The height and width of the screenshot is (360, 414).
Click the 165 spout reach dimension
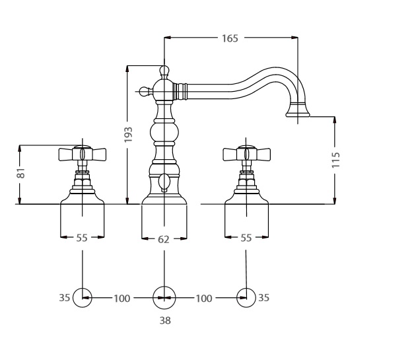(x=230, y=39)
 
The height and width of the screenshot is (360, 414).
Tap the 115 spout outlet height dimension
(x=335, y=160)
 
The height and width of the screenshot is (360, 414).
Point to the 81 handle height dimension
(x=20, y=174)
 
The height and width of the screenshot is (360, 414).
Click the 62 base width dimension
(x=164, y=240)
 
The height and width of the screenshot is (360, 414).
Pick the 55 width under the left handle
(x=82, y=238)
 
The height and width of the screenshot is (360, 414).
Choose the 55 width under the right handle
(x=246, y=238)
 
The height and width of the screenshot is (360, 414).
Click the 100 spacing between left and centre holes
(x=122, y=299)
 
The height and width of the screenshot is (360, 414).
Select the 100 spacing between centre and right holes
(x=204, y=299)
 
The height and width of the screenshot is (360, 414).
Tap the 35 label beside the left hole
(x=63, y=298)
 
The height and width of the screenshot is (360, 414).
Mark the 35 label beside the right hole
(x=263, y=298)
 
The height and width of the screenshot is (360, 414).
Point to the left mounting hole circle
(x=82, y=298)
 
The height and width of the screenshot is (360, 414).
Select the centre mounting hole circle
(x=164, y=298)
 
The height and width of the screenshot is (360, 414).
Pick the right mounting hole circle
(x=246, y=298)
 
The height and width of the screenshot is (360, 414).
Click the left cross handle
(x=82, y=154)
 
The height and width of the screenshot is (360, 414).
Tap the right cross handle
(x=246, y=154)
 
